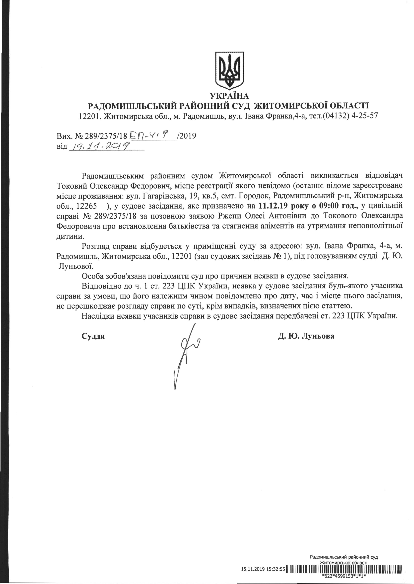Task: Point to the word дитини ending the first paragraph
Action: (x=70, y=236)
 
